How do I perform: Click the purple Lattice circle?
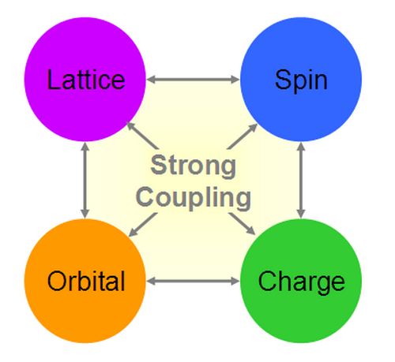(x=85, y=79)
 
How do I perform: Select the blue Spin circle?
(x=301, y=79)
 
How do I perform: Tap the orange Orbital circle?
(x=85, y=281)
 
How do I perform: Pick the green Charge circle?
(x=301, y=281)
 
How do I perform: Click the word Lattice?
(x=86, y=80)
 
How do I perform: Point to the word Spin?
(x=301, y=81)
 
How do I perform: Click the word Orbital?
(x=86, y=281)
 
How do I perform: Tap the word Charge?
(x=302, y=282)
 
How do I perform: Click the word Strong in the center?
(x=194, y=166)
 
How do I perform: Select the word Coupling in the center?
(x=194, y=198)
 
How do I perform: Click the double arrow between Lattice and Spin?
(x=193, y=79)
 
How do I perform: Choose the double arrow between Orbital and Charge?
(x=193, y=281)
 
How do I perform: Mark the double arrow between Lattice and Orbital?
(x=85, y=180)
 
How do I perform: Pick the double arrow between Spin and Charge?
(x=301, y=180)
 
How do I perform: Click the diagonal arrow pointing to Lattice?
(x=142, y=135)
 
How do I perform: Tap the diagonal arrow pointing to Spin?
(x=243, y=136)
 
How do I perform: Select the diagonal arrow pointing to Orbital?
(x=143, y=225)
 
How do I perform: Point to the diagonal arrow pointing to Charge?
(x=242, y=224)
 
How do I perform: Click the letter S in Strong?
(x=157, y=165)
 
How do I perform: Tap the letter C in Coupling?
(x=144, y=196)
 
